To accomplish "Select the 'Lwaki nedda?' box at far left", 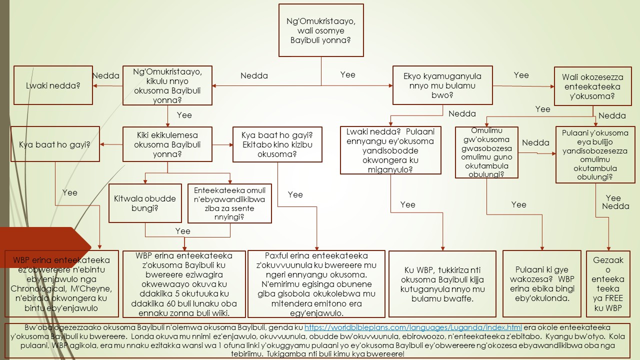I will (52, 85).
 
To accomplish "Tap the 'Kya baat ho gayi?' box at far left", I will (55, 145).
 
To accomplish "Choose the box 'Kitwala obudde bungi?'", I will (145, 203).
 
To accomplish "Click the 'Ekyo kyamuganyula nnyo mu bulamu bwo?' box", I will (442, 86).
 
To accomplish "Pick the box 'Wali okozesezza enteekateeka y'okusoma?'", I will (592, 86).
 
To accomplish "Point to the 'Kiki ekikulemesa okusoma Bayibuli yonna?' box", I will (167, 144).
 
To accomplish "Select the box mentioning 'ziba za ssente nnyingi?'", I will (229, 203).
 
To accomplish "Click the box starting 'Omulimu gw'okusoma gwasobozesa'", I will (486, 152).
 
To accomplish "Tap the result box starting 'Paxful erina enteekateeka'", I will (316, 284).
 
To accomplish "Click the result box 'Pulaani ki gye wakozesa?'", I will (542, 283).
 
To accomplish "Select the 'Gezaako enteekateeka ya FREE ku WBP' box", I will (608, 283).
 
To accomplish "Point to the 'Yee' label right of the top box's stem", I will (347, 74).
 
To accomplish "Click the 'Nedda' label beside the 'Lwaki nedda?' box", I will (105, 75).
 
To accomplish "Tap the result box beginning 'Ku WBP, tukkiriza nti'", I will (442, 284).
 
